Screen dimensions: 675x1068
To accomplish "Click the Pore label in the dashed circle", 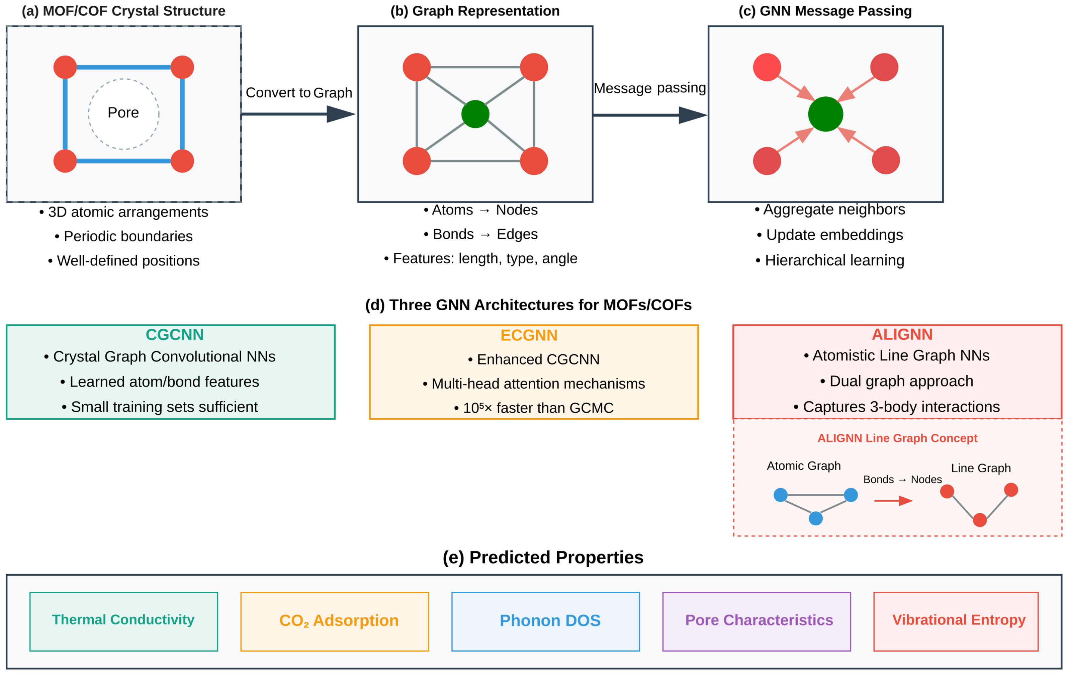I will pos(123,113).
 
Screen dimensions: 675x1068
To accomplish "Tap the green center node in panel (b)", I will pos(475,114).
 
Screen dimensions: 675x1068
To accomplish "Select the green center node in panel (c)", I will pos(825,114).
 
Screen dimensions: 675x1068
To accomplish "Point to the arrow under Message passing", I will pos(650,115).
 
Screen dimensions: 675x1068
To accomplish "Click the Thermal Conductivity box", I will pos(123,621).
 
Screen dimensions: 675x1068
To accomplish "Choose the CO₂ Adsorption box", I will pos(334,621).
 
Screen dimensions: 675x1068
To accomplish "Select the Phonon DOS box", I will pos(545,621).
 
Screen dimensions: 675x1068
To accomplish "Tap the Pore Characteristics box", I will pos(756,621).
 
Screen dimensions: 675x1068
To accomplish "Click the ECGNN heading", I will pos(529,336).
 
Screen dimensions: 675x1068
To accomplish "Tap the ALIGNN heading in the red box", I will pos(902,334).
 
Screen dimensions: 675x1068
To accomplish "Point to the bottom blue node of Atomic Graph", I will pos(816,518).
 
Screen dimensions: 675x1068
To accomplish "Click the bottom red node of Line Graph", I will pos(980,520).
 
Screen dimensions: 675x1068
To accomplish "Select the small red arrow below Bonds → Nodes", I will pos(893,501).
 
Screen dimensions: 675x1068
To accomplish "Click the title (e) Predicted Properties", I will pos(543,558).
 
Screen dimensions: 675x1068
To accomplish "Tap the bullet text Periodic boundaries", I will pos(128,236).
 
